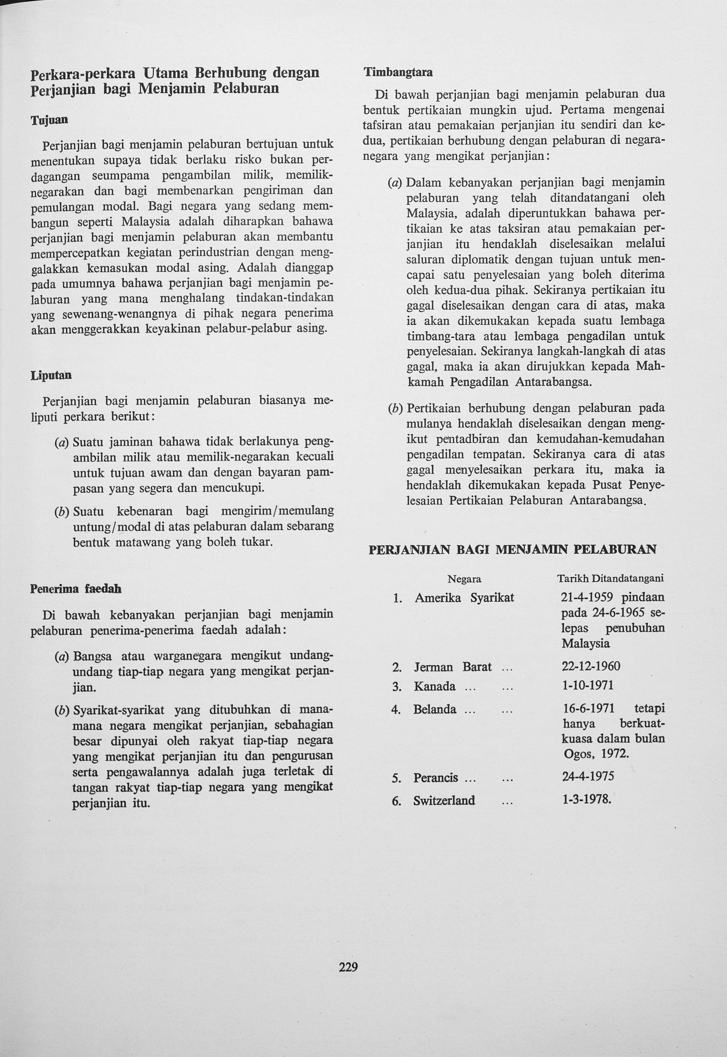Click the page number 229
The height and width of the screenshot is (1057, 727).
point(348,967)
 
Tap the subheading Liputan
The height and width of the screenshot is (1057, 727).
point(51,375)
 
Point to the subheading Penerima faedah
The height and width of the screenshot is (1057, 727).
point(76,588)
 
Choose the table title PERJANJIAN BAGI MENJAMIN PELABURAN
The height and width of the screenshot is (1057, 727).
point(512,549)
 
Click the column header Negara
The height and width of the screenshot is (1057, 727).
point(464,579)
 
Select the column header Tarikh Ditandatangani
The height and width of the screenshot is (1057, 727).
point(610,578)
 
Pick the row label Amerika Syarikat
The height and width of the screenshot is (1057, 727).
point(464,598)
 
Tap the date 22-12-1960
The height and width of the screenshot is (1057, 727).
point(591,666)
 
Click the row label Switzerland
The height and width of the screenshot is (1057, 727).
point(444,800)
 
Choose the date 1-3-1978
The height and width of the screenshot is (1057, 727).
point(586,800)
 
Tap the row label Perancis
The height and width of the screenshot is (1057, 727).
point(435,778)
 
